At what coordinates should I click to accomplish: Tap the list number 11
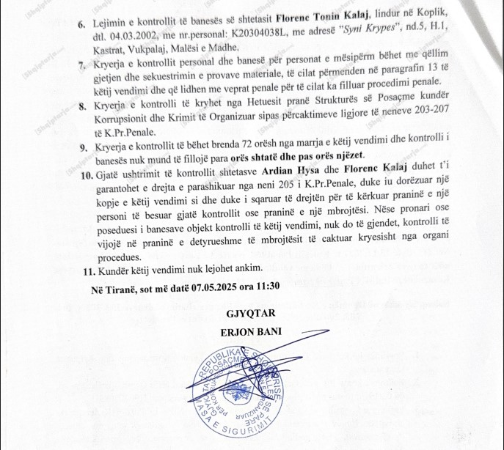pyautogui.click(x=84, y=273)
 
